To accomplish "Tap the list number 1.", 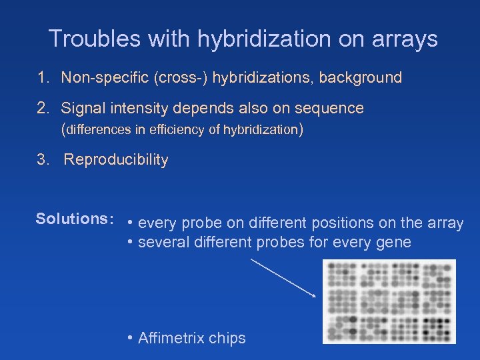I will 43,78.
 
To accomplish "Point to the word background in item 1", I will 360,78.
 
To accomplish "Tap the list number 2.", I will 43,108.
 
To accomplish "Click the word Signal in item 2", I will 83,108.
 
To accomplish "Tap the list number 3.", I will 43,160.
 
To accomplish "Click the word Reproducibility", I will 116,160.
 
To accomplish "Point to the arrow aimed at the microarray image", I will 283,278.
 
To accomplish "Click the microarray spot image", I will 389,301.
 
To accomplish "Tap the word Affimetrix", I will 175,338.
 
